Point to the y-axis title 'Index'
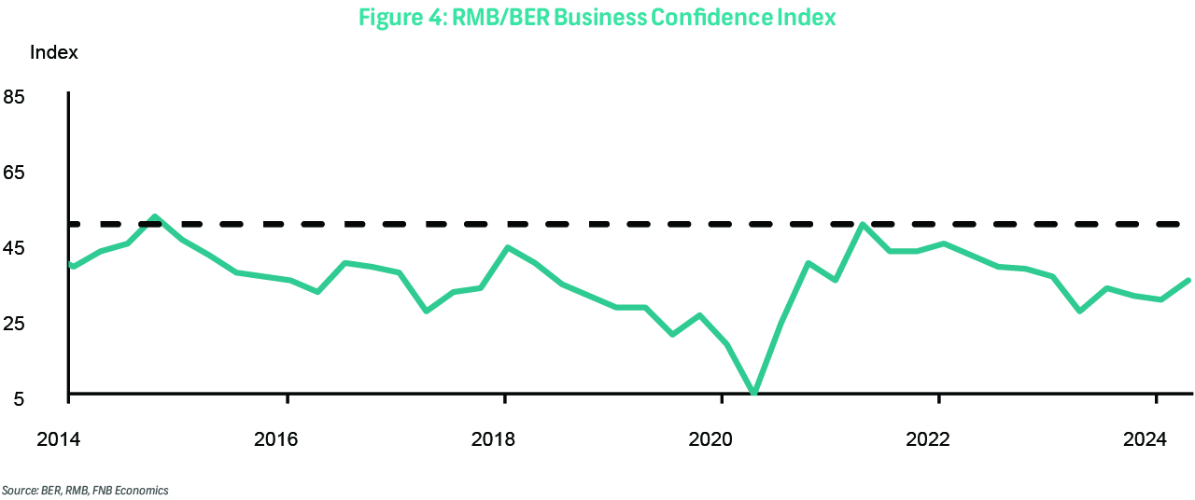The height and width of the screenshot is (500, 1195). click(54, 52)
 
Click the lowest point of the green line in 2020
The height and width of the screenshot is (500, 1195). click(753, 393)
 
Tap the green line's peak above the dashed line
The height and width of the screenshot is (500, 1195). click(155, 216)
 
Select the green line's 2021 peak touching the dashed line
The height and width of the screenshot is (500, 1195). click(863, 225)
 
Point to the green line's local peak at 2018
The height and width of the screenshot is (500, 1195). click(506, 247)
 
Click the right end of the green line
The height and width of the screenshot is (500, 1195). click(1188, 280)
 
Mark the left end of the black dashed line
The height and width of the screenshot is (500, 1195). click(71, 224)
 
